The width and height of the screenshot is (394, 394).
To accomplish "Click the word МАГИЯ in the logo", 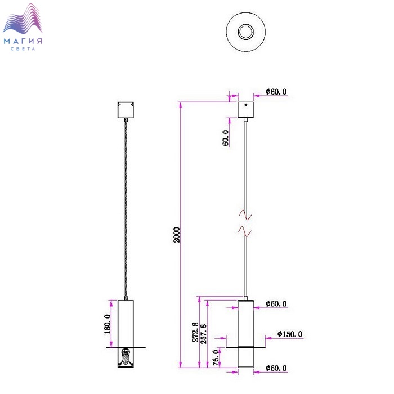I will point(23,41).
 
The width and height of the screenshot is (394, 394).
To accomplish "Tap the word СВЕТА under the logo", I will point(23,49).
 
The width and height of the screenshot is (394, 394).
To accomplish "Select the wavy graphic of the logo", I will point(23,21).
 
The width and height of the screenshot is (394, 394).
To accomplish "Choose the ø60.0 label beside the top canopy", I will point(276,92).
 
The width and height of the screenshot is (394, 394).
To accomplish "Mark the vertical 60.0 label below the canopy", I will point(226,138).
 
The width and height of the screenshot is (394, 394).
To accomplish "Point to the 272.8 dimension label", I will point(195,332).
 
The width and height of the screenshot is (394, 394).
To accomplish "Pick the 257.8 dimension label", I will point(204,332).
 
